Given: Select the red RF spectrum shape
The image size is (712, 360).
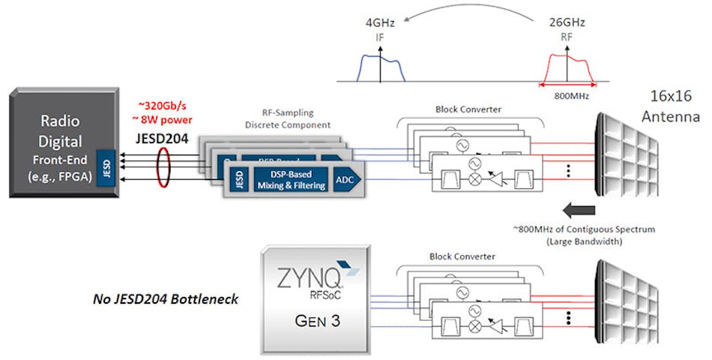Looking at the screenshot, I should (x=567, y=67).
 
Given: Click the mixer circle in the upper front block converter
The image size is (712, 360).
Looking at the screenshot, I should (x=473, y=181).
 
